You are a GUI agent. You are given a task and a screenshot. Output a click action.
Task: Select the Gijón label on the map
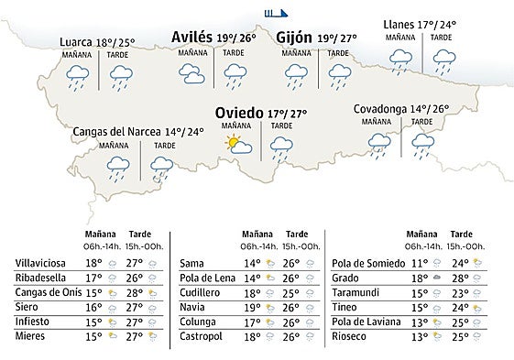294,38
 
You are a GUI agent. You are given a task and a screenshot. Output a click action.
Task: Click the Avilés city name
192,38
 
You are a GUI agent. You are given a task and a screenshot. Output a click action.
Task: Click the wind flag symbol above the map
275,13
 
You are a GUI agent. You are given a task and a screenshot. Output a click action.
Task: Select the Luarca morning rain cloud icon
78,79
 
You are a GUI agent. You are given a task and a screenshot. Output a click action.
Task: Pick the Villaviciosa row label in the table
39,264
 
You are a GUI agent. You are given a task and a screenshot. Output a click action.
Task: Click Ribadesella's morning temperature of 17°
93,278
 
